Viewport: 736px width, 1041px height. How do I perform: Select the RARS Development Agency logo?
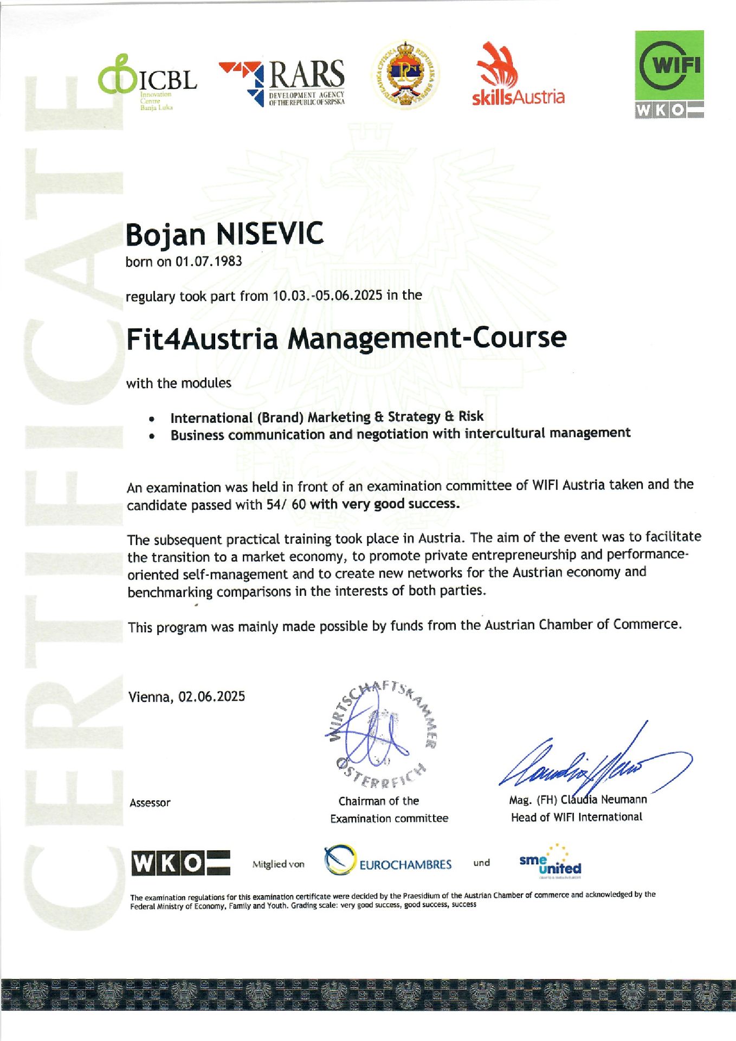[282, 82]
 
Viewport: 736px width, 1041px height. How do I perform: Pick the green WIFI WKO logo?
[669, 74]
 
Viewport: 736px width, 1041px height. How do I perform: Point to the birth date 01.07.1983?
[208, 261]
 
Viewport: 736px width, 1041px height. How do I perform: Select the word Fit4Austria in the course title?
[202, 338]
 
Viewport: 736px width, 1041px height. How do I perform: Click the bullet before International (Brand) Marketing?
[153, 419]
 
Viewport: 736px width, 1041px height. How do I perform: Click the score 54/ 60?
[286, 504]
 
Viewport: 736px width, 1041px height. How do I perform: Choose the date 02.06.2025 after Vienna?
[212, 697]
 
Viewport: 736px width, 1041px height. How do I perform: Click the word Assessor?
[150, 803]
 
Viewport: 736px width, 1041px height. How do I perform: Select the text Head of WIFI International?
[576, 817]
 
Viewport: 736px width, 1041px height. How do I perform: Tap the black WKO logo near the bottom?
[180, 863]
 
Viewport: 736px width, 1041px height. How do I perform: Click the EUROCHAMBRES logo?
[388, 863]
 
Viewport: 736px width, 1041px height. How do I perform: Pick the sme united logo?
[550, 862]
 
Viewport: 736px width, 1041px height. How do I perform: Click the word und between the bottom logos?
[481, 863]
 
